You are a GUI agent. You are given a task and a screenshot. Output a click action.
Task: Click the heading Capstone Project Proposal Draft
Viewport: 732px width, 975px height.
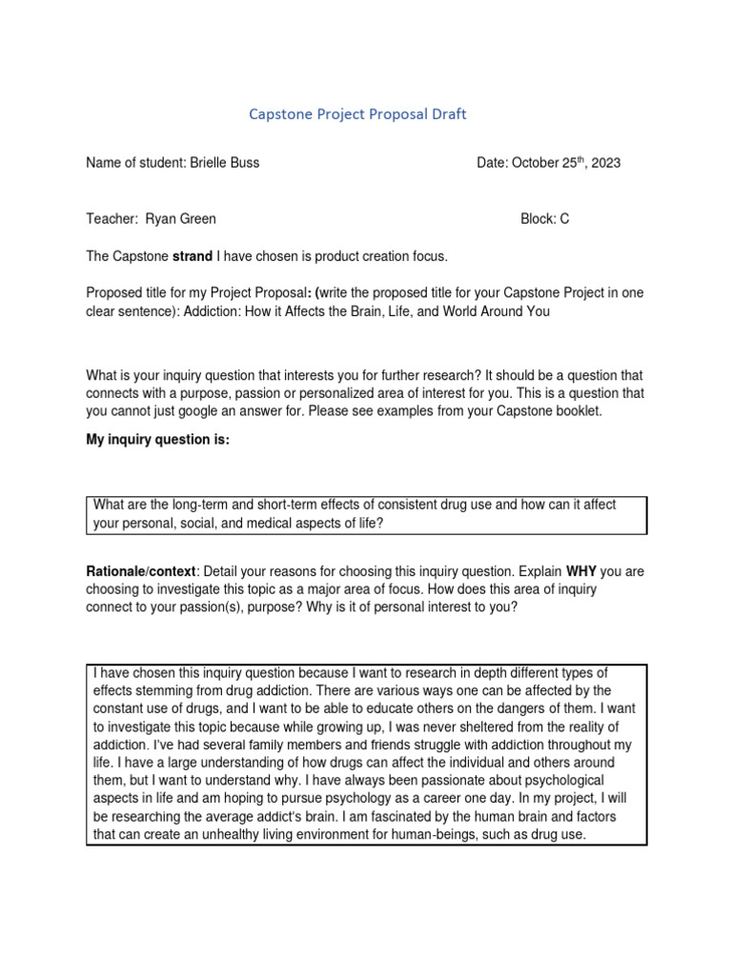[357, 114]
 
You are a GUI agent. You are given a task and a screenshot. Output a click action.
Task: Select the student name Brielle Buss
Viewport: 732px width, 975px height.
[224, 163]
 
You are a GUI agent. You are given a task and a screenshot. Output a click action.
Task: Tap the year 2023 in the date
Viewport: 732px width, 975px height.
[604, 163]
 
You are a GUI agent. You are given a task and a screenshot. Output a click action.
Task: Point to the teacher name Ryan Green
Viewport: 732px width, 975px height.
[180, 219]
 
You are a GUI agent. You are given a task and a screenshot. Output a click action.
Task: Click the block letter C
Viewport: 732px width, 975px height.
[564, 219]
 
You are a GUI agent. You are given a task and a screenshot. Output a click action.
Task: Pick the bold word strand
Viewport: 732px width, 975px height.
[192, 256]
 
